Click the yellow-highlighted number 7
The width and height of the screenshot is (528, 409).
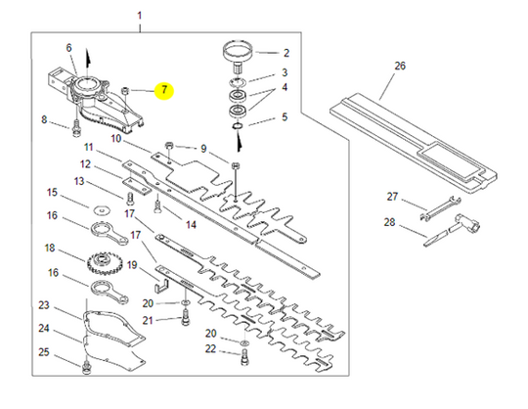pyautogui.click(x=164, y=91)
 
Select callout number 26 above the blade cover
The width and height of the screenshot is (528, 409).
pyautogui.click(x=398, y=67)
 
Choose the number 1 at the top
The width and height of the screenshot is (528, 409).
pyautogui.click(x=140, y=17)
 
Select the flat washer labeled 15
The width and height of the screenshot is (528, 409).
pyautogui.click(x=102, y=207)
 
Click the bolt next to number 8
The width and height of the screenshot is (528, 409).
pyautogui.click(x=75, y=126)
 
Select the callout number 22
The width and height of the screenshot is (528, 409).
pyautogui.click(x=210, y=349)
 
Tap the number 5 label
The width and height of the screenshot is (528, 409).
pyautogui.click(x=285, y=117)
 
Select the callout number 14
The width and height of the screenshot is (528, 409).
pyautogui.click(x=190, y=224)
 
